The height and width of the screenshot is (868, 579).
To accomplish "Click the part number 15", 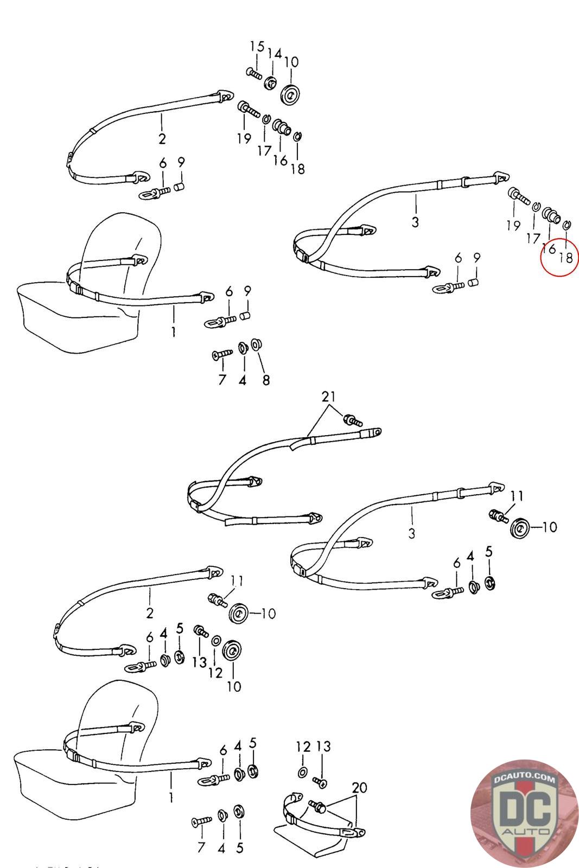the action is pos(257,47).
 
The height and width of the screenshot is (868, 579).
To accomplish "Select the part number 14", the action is pos(275,54).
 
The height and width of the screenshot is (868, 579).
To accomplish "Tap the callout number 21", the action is pos(329,397).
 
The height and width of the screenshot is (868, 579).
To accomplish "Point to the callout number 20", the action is pos(359,787).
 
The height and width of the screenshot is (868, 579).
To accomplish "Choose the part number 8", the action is pos(266,380).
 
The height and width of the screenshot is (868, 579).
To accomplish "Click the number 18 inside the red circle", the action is pos(565,258).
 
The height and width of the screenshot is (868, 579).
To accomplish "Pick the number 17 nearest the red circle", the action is pos(533,238).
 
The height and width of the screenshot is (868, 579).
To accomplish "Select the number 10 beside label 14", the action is pos(291,62).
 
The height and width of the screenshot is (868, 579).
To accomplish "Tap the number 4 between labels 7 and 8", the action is pos(242,380).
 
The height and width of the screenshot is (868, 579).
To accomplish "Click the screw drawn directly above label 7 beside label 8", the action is pos(221,354).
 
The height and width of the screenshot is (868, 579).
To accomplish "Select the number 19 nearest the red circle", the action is pos(513,226).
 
